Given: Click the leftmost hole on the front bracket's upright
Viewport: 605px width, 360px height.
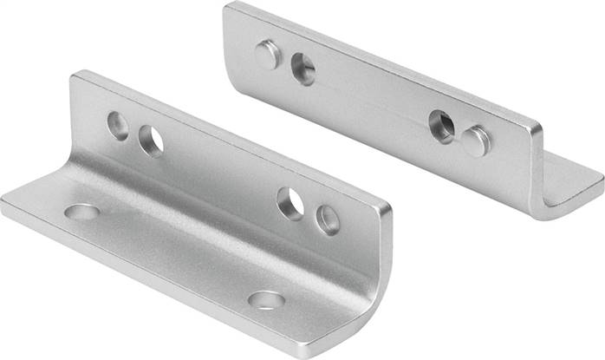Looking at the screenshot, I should pyautogui.click(x=118, y=126).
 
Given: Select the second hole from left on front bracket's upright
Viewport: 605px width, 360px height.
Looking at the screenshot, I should pyautogui.click(x=151, y=141).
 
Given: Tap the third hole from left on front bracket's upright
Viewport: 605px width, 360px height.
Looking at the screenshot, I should pyautogui.click(x=290, y=203).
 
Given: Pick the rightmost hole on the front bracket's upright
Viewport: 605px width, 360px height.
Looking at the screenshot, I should pyautogui.click(x=328, y=219).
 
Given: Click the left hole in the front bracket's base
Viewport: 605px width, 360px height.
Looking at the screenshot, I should pyautogui.click(x=82, y=211).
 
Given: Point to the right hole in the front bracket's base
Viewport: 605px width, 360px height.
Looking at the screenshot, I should pyautogui.click(x=266, y=300).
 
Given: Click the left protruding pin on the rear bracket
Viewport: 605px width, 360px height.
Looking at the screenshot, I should pyautogui.click(x=268, y=55).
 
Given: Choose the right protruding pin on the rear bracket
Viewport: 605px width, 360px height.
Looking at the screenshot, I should pyautogui.click(x=476, y=141).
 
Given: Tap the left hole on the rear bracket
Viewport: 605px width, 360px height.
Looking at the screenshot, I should pyautogui.click(x=303, y=69).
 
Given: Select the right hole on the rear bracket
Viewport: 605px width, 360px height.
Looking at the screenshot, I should pyautogui.click(x=442, y=127).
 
